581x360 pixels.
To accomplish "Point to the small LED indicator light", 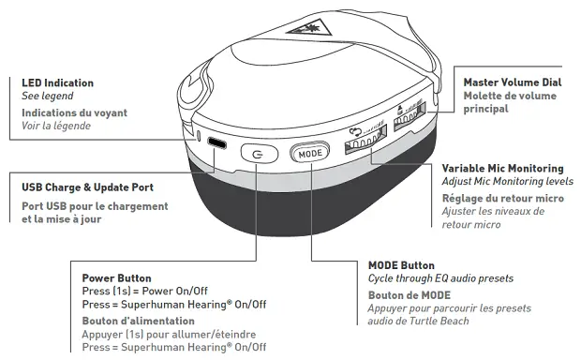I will click(199, 138).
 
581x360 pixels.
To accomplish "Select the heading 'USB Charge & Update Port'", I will click(87, 187).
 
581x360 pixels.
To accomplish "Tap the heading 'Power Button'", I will click(116, 278).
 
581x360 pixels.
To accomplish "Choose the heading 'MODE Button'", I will click(401, 265).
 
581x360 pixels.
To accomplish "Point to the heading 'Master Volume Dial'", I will click(512, 82).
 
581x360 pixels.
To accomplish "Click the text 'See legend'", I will click(47, 97).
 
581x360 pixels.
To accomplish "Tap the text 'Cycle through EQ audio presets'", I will click(440, 278).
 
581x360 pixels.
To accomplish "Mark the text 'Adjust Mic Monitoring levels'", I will click(507, 181).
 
